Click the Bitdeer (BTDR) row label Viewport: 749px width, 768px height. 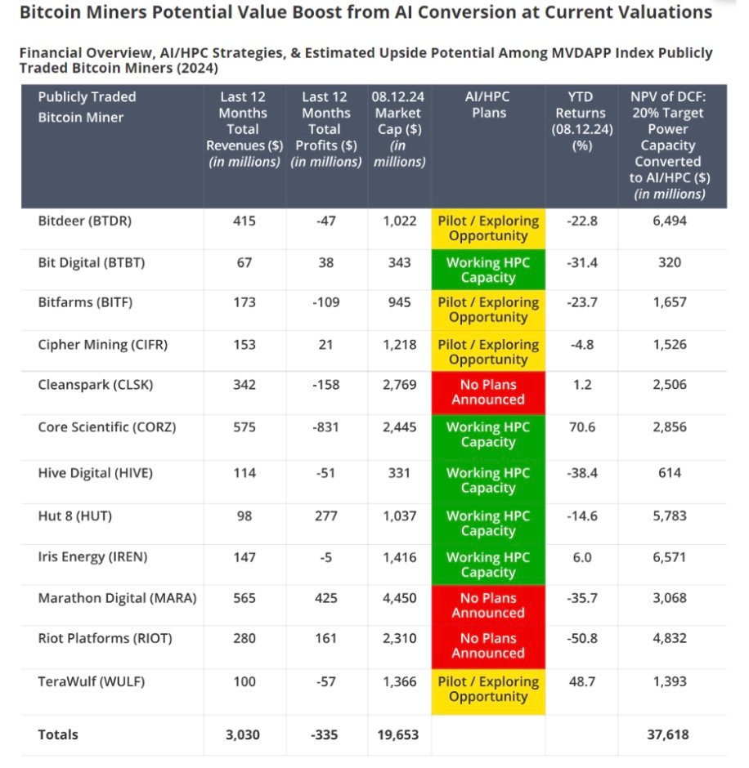[x=84, y=221]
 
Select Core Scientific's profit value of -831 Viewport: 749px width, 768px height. [x=325, y=426]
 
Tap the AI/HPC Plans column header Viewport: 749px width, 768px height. [x=488, y=105]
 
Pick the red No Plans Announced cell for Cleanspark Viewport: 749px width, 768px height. [x=488, y=391]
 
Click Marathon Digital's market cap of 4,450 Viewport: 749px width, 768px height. [x=399, y=597]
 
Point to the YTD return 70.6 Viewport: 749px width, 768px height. [x=581, y=426]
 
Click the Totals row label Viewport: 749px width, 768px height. [x=58, y=735]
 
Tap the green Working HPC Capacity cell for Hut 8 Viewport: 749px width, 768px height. [x=488, y=523]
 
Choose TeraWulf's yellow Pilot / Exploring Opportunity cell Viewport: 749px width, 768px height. [x=488, y=689]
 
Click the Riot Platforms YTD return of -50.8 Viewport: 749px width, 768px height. [x=581, y=638]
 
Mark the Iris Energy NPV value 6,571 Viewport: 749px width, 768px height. [x=670, y=557]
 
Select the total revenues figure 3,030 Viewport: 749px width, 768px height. [x=243, y=735]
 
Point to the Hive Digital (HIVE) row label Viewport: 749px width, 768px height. [x=95, y=473]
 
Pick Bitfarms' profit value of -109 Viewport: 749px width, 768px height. [x=325, y=302]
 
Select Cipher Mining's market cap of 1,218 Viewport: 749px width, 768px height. [x=399, y=345]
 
